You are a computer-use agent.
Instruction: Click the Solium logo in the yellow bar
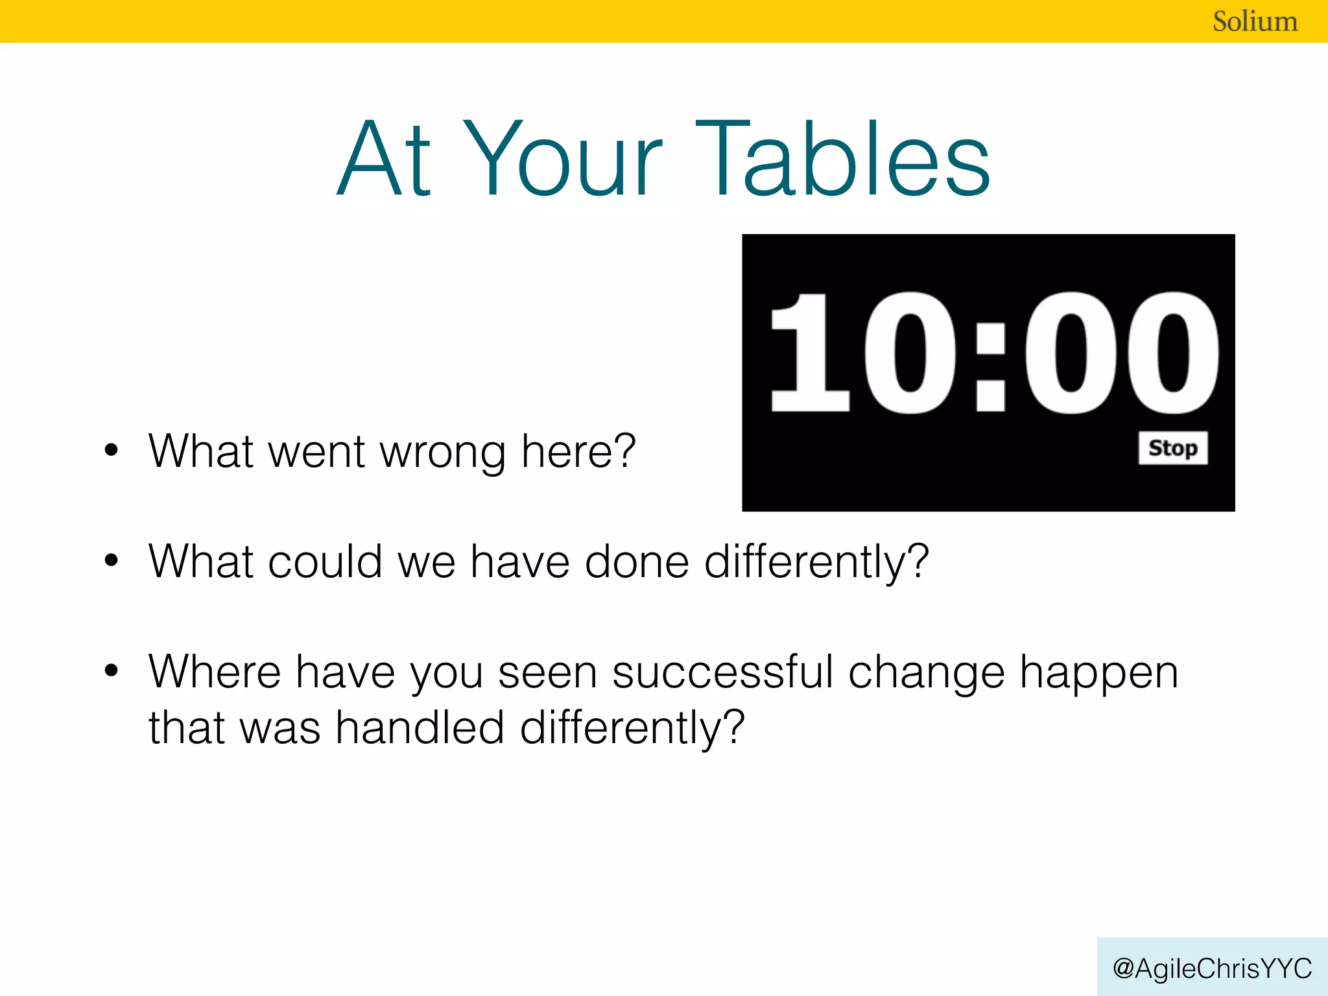click(x=1255, y=21)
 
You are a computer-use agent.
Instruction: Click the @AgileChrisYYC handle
click(x=1212, y=968)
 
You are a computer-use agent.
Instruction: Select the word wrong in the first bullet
click(x=442, y=452)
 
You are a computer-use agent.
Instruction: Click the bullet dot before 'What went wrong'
click(x=112, y=450)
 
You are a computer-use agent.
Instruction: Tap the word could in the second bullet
click(x=325, y=562)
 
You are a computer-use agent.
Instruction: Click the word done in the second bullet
click(x=637, y=562)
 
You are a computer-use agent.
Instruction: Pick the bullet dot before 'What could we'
click(x=112, y=560)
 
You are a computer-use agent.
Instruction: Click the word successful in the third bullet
click(x=722, y=672)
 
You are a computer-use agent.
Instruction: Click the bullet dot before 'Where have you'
click(x=112, y=670)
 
